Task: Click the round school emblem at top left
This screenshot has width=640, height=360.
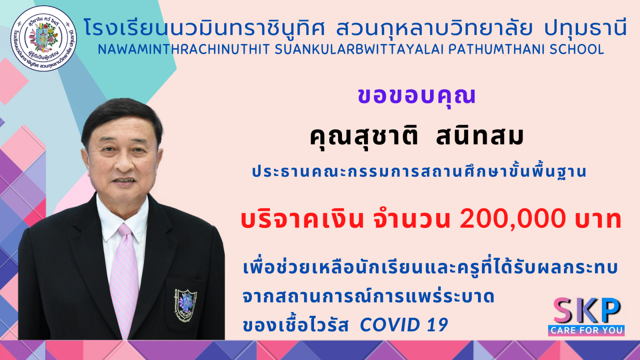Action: click(x=44, y=38)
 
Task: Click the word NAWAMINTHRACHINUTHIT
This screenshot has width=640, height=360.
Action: click(x=184, y=50)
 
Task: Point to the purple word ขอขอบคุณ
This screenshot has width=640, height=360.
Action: click(x=416, y=96)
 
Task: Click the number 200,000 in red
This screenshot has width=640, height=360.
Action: click(x=512, y=219)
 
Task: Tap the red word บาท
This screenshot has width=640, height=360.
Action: click(x=599, y=220)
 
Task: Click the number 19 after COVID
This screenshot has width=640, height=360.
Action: click(x=438, y=325)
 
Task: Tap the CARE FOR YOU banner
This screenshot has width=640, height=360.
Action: click(x=586, y=330)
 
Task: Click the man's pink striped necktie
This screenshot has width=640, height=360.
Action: click(x=124, y=280)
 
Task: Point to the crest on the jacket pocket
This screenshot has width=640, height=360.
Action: click(x=185, y=304)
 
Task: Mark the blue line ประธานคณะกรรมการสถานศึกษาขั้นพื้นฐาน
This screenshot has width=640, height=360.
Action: click(x=419, y=172)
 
